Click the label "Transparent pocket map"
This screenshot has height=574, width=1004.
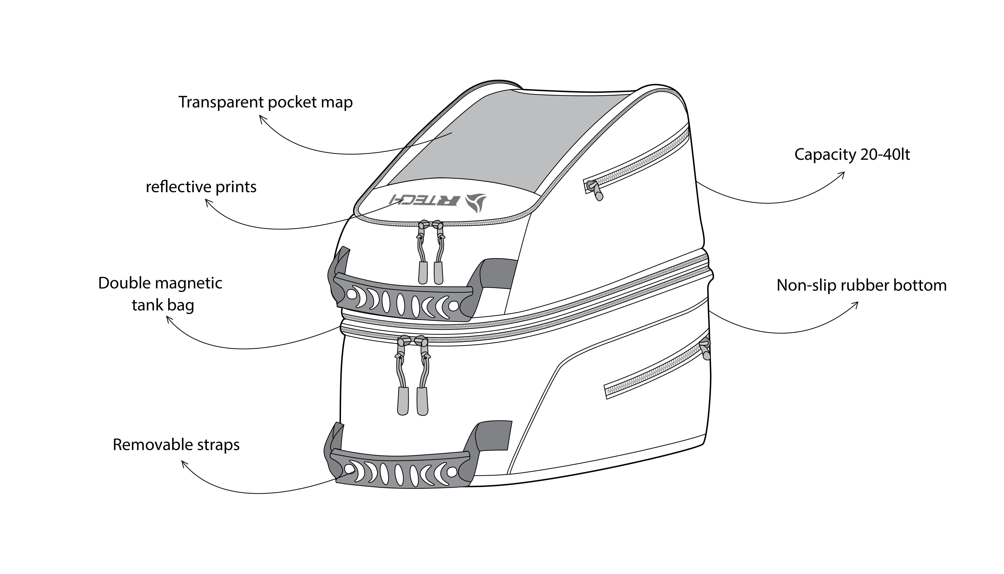pos(266,102)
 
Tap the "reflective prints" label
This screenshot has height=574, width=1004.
pos(201,187)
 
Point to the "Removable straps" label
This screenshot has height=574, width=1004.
pos(176,445)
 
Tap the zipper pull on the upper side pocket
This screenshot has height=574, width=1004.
pos(594,190)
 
